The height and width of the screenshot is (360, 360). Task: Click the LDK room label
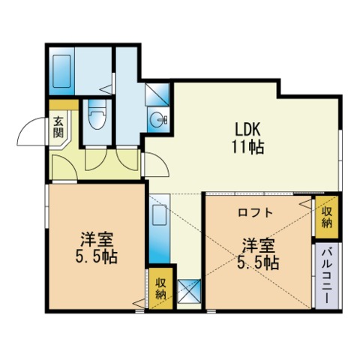click(x=247, y=130)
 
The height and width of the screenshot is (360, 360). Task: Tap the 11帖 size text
click(x=247, y=147)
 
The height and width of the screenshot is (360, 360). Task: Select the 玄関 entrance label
click(x=58, y=127)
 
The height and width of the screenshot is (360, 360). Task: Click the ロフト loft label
click(x=255, y=212)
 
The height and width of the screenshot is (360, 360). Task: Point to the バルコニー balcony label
click(x=327, y=276)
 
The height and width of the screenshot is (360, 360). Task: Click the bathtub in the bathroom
click(x=61, y=71)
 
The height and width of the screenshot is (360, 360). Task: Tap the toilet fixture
click(x=97, y=115)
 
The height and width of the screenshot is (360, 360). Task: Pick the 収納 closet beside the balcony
click(x=327, y=217)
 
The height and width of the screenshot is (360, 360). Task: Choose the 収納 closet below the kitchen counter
click(x=161, y=288)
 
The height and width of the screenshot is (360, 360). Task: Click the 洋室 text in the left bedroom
click(x=97, y=240)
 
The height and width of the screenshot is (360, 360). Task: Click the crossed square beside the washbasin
click(x=157, y=94)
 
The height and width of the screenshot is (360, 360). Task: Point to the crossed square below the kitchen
click(x=189, y=291)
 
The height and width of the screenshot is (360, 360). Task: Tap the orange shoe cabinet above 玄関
click(x=64, y=105)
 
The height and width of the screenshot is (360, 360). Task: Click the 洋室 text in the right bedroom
click(x=259, y=246)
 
